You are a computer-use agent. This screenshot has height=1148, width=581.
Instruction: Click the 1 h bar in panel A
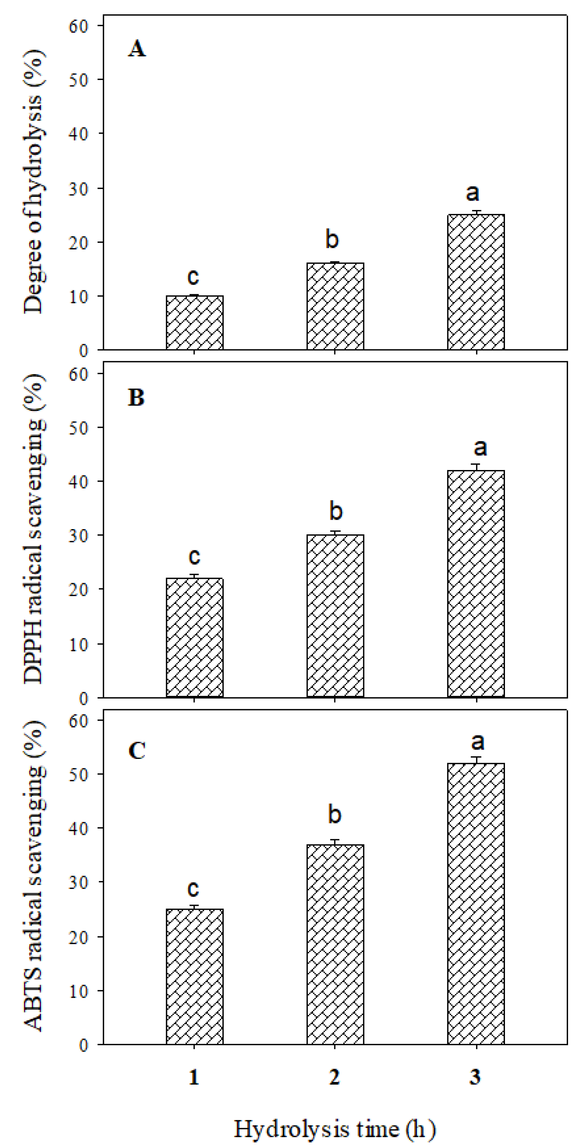(x=195, y=323)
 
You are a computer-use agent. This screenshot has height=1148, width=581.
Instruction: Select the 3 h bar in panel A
(x=476, y=282)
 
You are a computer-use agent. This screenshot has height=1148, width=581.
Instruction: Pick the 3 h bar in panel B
(x=476, y=583)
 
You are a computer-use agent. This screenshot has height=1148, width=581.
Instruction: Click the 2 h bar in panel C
(x=335, y=944)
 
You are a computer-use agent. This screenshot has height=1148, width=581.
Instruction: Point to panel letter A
(x=137, y=48)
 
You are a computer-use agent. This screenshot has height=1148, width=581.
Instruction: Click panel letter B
(x=136, y=397)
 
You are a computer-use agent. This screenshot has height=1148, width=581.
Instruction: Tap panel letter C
(x=136, y=750)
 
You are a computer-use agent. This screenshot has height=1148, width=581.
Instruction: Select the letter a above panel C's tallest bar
(x=477, y=741)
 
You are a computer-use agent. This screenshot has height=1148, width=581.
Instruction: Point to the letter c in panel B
(x=194, y=556)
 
